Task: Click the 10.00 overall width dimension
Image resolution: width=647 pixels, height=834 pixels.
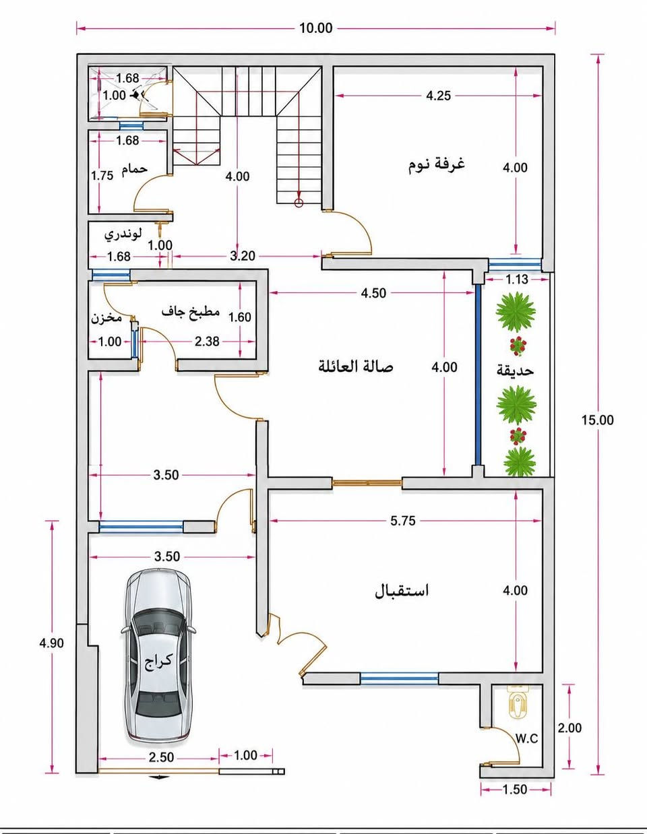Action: point(315,28)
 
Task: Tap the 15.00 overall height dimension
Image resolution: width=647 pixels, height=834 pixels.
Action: point(597,420)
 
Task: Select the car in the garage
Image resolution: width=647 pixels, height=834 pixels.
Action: point(158,656)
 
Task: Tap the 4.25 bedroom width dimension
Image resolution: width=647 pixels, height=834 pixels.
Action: point(438,96)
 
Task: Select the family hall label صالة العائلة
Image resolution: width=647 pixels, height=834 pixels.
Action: point(356,366)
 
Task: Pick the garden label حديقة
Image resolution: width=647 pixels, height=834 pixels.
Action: point(516,371)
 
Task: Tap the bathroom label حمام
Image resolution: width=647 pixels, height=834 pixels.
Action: point(135,169)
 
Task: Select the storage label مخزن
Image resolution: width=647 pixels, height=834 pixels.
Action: point(106,319)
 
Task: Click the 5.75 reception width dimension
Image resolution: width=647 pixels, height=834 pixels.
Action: point(403,521)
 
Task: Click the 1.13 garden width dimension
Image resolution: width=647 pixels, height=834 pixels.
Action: point(517,280)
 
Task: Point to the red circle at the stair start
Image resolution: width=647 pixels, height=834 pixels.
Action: point(299,203)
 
